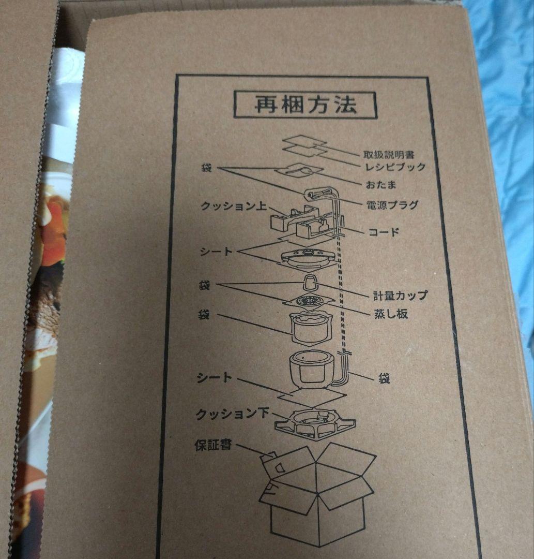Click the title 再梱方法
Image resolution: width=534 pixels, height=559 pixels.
tap(306, 105)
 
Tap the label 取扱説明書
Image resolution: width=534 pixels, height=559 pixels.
tap(389, 155)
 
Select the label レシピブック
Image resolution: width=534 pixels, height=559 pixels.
tap(395, 167)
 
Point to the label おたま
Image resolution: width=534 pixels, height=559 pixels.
tap(381, 185)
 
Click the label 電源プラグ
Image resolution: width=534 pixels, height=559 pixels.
tap(392, 205)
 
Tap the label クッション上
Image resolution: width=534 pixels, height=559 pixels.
tap(234, 205)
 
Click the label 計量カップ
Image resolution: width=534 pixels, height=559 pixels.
tap(400, 295)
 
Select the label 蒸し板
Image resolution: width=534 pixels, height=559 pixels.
tap(391, 314)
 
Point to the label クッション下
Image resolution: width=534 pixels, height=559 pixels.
tap(232, 414)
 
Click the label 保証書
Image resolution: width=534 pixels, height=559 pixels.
tap(213, 445)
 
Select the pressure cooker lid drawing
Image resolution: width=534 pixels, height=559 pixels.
tap(308, 258)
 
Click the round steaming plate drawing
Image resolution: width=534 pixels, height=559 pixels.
tap(309, 301)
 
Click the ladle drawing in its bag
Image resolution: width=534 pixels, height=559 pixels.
tap(299, 171)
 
